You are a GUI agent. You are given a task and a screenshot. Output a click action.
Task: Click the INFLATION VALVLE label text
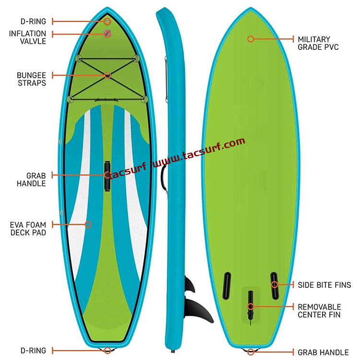coord(28,37)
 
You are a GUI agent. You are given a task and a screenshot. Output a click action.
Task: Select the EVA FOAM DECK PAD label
coord(28,228)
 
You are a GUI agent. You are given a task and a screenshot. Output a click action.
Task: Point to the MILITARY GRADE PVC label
coord(318,43)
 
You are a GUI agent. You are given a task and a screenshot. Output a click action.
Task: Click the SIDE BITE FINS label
coord(324,285)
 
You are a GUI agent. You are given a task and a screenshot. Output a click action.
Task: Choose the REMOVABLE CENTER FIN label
coord(319,311)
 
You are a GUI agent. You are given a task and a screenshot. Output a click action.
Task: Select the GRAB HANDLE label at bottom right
coord(323,352)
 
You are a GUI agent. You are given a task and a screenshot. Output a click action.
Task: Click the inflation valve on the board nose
coord(108,33)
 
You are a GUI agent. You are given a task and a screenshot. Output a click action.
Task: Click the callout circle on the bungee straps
coord(108,75)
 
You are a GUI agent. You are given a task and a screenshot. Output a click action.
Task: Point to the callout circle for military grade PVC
coord(250,38)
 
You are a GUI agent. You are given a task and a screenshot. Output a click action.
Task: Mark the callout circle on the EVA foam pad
coord(88,224)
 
